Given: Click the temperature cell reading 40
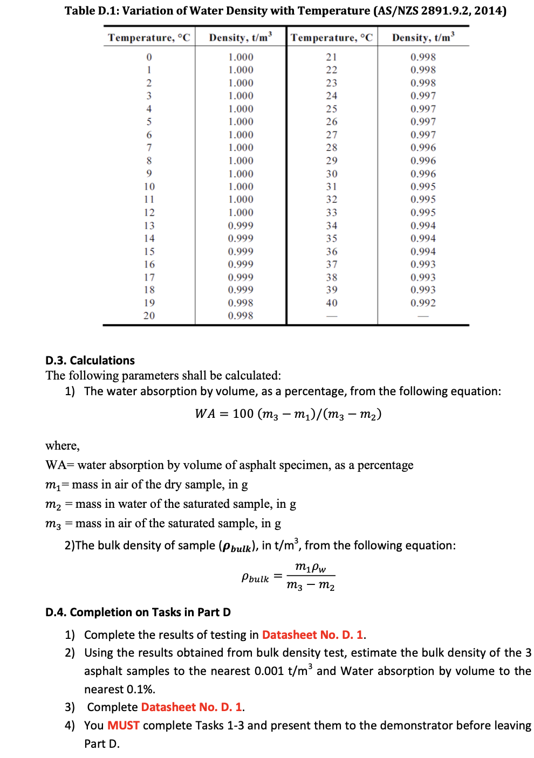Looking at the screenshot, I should pyautogui.click(x=331, y=303).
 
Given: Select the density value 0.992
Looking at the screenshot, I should pyautogui.click(x=423, y=303).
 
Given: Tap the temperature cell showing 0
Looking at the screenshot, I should pyautogui.click(x=149, y=57).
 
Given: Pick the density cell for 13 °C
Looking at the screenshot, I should pyautogui.click(x=240, y=225).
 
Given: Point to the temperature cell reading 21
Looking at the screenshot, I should pyautogui.click(x=331, y=57).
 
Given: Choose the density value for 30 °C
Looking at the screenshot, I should pyautogui.click(x=423, y=174).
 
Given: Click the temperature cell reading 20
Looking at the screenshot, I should pyautogui.click(x=149, y=316).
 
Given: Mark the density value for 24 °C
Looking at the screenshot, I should pyautogui.click(x=423, y=96).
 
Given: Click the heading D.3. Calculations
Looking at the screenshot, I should pyautogui.click(x=90, y=360).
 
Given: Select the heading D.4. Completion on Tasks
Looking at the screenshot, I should pyautogui.click(x=138, y=612).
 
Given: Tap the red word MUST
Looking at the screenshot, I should pyautogui.click(x=124, y=725).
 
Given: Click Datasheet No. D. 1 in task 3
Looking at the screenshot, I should pyautogui.click(x=191, y=707).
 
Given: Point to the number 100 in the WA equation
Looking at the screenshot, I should pyautogui.click(x=243, y=414).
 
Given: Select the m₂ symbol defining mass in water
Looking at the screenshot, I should pyautogui.click(x=53, y=505).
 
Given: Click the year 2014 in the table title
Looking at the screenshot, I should pyautogui.click(x=488, y=11).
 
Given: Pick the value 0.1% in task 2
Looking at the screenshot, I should pyautogui.click(x=140, y=689).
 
